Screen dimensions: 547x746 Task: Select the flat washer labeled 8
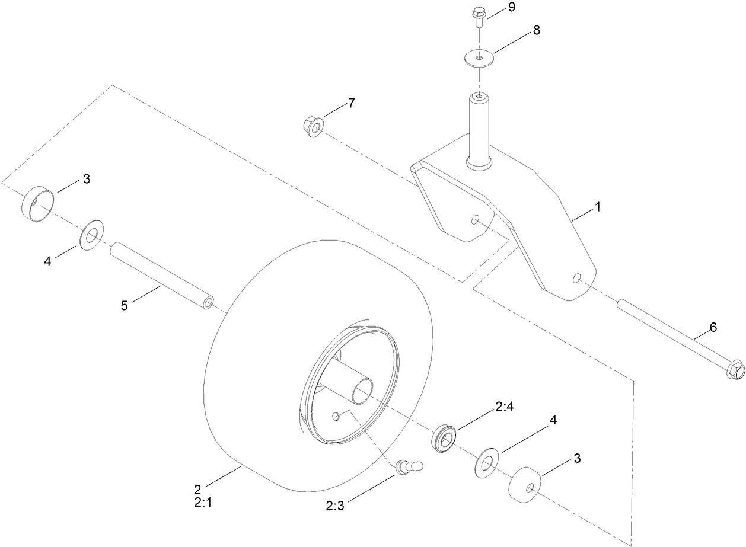479,58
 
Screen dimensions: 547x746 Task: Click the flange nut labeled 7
312,125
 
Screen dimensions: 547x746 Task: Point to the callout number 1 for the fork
598,207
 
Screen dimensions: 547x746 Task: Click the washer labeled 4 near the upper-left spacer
91,236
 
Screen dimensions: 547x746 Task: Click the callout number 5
124,306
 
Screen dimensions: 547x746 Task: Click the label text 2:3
336,506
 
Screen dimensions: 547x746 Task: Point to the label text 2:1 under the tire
202,503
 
